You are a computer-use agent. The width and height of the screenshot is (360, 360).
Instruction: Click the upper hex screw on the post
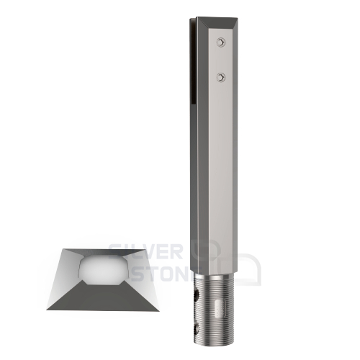tap(220, 45)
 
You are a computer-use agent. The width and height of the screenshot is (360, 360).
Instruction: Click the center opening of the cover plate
tap(102, 269)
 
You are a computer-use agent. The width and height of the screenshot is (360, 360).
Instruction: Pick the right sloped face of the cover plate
tap(145, 277)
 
